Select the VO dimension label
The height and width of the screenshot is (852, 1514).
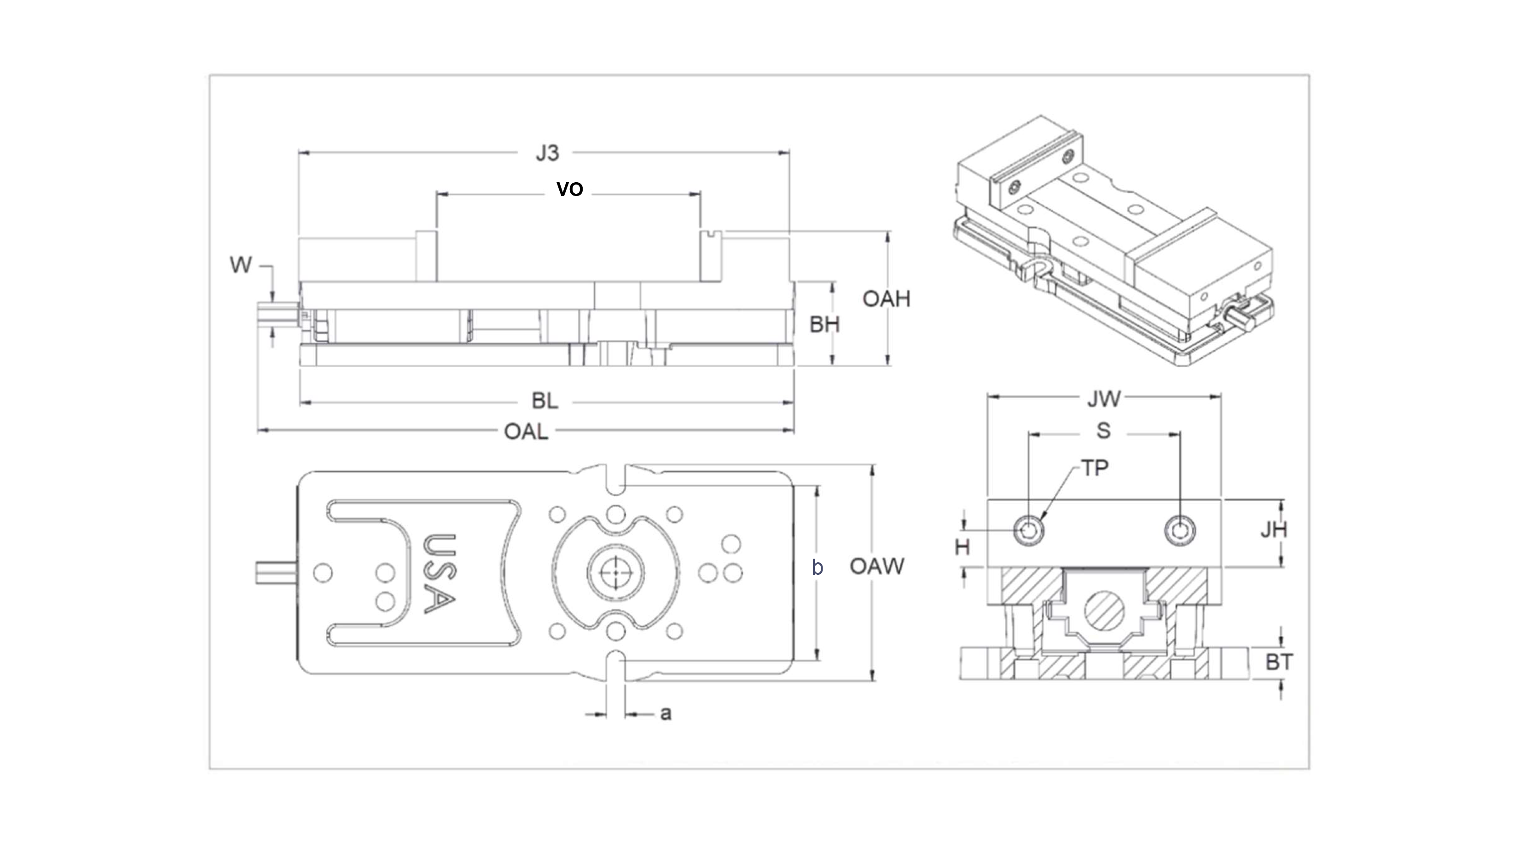pos(569,189)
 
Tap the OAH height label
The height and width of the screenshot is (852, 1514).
pos(886,299)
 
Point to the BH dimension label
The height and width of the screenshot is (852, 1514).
pos(824,324)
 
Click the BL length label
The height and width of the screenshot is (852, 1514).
pos(545,401)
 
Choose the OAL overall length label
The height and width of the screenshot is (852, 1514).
pos(526,432)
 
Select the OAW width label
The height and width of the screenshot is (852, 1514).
pos(877,566)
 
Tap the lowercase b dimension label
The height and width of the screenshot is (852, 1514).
pos(817,567)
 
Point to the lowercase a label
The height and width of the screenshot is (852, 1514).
pos(665,713)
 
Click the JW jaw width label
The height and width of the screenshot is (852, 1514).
pos(1104,399)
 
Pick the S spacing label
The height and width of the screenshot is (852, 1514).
pos(1104,431)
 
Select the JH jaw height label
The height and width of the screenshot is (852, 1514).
pos(1274,530)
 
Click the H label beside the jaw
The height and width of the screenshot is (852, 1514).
pos(962,548)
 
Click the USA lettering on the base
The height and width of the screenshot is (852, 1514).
pos(440,573)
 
